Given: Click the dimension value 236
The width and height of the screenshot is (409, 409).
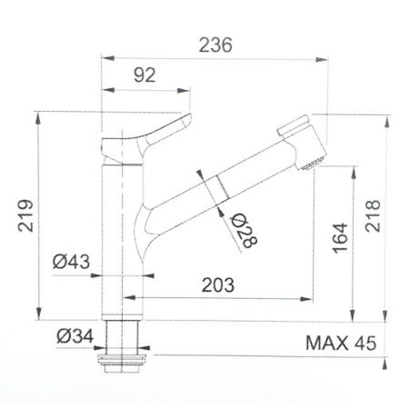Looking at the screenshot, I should [x=215, y=44].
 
